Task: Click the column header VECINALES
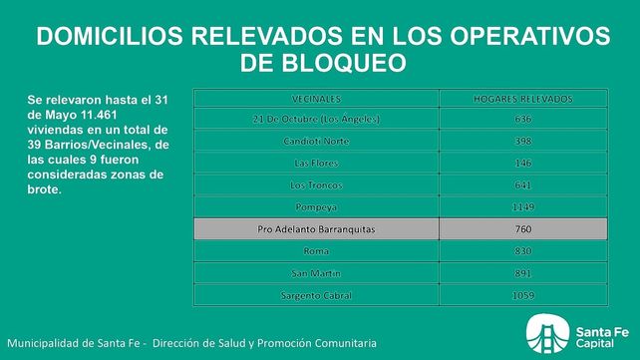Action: (x=317, y=99)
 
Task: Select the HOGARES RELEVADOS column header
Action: (x=522, y=99)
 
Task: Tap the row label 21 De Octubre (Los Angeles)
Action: (x=317, y=120)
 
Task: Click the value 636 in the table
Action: (x=522, y=120)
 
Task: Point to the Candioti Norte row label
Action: (x=317, y=142)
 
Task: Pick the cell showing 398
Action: (x=522, y=142)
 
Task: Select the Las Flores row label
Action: (x=317, y=164)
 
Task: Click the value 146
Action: (x=522, y=164)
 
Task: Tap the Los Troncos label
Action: (x=317, y=185)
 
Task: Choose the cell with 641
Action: (x=522, y=185)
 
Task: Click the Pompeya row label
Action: (x=317, y=207)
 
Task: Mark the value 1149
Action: (x=522, y=207)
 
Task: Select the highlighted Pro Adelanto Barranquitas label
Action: (x=317, y=230)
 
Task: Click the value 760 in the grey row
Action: (x=522, y=230)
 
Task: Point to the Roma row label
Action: (x=317, y=252)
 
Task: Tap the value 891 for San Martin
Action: (x=522, y=273)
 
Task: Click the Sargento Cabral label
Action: (x=317, y=295)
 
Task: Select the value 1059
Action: (x=522, y=295)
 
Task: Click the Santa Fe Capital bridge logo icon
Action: (x=544, y=334)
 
